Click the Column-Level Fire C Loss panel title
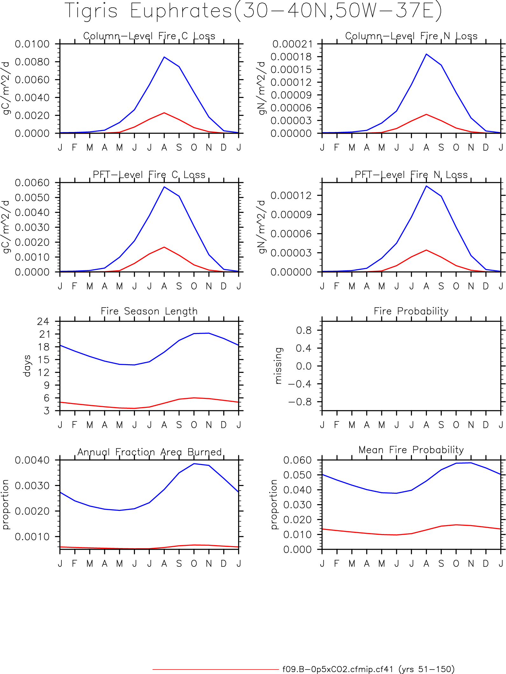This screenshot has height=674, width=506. (x=149, y=36)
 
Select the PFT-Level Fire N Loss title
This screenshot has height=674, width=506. (x=411, y=175)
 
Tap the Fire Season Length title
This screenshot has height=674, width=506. (x=149, y=311)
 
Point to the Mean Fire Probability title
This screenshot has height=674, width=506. (x=411, y=450)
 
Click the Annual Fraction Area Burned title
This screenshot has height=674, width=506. (x=149, y=452)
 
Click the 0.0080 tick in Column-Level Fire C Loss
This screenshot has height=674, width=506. (x=32, y=62)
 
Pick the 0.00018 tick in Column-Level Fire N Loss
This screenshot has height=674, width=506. (x=291, y=57)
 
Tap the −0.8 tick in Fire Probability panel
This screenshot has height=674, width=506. (x=300, y=402)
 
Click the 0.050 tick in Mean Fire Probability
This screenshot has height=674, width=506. (x=297, y=475)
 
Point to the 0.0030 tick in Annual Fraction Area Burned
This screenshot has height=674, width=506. (x=32, y=486)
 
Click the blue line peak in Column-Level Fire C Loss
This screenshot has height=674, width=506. (x=164, y=57)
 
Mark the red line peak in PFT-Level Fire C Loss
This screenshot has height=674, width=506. (x=164, y=247)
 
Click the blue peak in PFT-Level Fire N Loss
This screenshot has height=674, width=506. (x=426, y=186)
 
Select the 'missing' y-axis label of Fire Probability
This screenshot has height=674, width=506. (x=278, y=366)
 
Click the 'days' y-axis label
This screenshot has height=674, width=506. (x=27, y=366)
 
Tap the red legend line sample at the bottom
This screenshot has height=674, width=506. (x=216, y=669)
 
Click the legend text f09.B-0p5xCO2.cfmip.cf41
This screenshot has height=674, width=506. (x=338, y=669)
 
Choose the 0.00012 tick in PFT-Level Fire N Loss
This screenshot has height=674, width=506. (x=291, y=195)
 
